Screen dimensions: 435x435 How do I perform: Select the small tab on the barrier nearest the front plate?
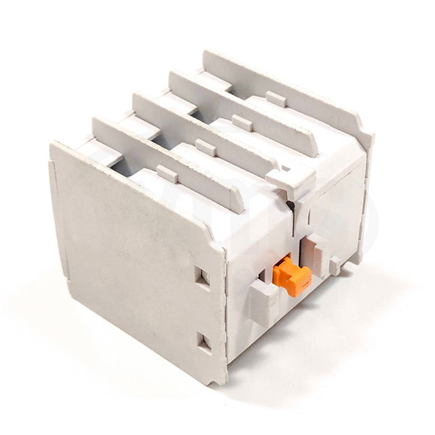167,174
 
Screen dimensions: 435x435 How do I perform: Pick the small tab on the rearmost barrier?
274,97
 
